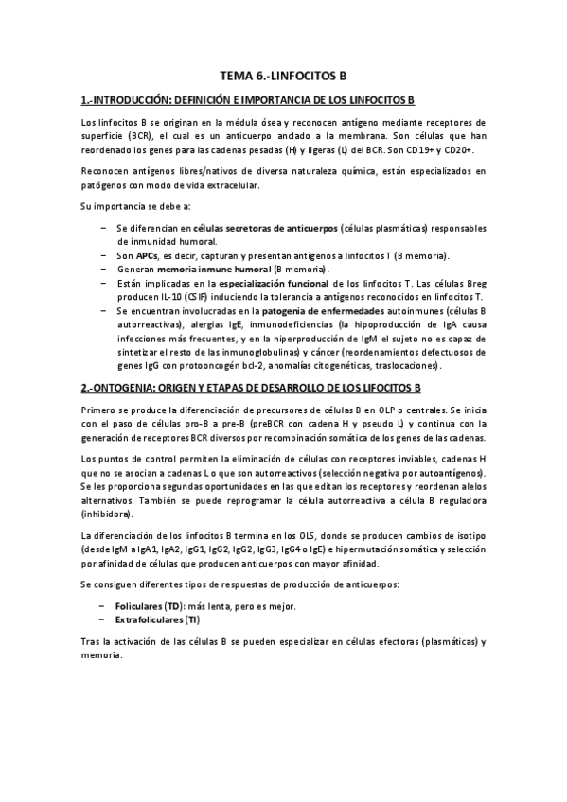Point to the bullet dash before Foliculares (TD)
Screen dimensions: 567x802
[101, 606]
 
